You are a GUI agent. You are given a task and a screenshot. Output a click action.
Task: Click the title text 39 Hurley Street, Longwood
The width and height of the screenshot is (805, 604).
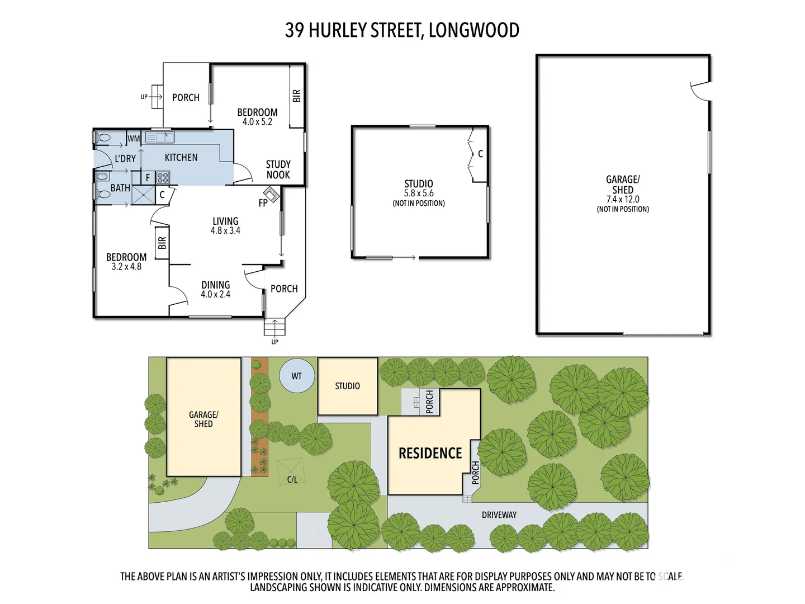point(402,30)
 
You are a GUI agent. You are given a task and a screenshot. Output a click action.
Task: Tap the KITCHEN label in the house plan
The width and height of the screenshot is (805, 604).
point(181,158)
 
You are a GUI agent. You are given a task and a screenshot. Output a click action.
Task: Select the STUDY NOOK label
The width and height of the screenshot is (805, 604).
point(278,169)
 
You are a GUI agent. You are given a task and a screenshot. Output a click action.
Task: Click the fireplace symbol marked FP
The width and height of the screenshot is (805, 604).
point(272,195)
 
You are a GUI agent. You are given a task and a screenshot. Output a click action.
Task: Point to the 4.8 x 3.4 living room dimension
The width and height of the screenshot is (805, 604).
point(225,230)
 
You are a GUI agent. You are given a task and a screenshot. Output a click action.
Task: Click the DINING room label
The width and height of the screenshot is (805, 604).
point(215,285)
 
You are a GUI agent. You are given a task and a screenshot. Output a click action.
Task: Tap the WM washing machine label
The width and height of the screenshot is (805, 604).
point(134,138)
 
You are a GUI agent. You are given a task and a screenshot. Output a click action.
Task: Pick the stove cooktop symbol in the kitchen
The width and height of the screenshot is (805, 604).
point(163,178)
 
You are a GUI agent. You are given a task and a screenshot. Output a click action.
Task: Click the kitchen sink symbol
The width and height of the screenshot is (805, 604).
point(160,137)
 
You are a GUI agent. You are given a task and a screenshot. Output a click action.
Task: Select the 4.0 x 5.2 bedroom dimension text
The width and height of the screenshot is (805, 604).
point(257,122)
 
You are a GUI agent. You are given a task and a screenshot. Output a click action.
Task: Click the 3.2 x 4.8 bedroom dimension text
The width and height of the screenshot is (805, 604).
point(126,267)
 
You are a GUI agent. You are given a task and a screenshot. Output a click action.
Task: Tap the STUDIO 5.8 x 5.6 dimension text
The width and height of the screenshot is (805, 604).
point(419,194)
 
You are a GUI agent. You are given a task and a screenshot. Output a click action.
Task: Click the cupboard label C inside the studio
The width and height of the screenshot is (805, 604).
point(480,154)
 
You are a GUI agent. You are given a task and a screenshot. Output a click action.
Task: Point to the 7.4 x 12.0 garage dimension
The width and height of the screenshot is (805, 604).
point(623,199)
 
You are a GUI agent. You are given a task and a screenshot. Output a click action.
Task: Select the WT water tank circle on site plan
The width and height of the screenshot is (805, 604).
point(296,376)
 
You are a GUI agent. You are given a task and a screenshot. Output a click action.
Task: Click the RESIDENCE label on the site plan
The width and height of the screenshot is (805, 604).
point(430,453)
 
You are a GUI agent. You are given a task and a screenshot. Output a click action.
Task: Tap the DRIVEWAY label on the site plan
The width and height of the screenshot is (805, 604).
point(499,515)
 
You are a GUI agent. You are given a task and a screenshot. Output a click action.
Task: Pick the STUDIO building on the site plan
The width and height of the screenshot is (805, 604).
point(347,386)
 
